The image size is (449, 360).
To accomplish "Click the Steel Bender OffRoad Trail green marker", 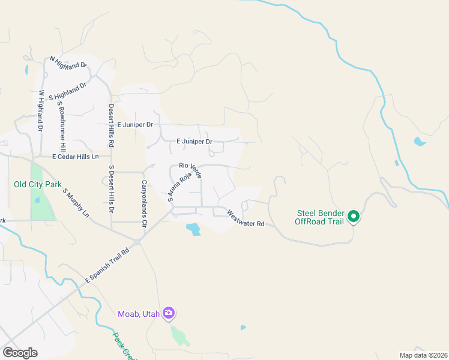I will [x=354, y=216].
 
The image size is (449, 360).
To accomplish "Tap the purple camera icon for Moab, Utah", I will [x=169, y=313].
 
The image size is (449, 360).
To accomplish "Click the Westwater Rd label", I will [x=246, y=218].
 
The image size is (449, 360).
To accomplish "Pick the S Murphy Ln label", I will [x=76, y=204].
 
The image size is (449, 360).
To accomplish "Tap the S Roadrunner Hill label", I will [x=61, y=125].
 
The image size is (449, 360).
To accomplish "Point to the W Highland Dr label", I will [x=41, y=111].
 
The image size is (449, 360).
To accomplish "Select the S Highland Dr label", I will [x=68, y=91].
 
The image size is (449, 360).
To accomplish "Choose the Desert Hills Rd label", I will [x=111, y=125].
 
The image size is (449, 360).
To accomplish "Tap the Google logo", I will [x=20, y=353].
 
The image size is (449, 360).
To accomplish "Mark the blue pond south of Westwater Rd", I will [x=193, y=229].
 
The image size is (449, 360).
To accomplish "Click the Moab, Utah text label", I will [x=140, y=313].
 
